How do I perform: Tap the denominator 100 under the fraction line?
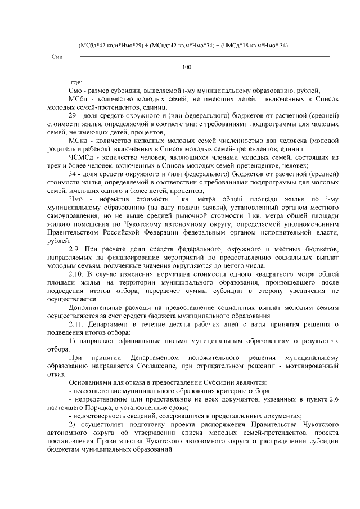187,67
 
